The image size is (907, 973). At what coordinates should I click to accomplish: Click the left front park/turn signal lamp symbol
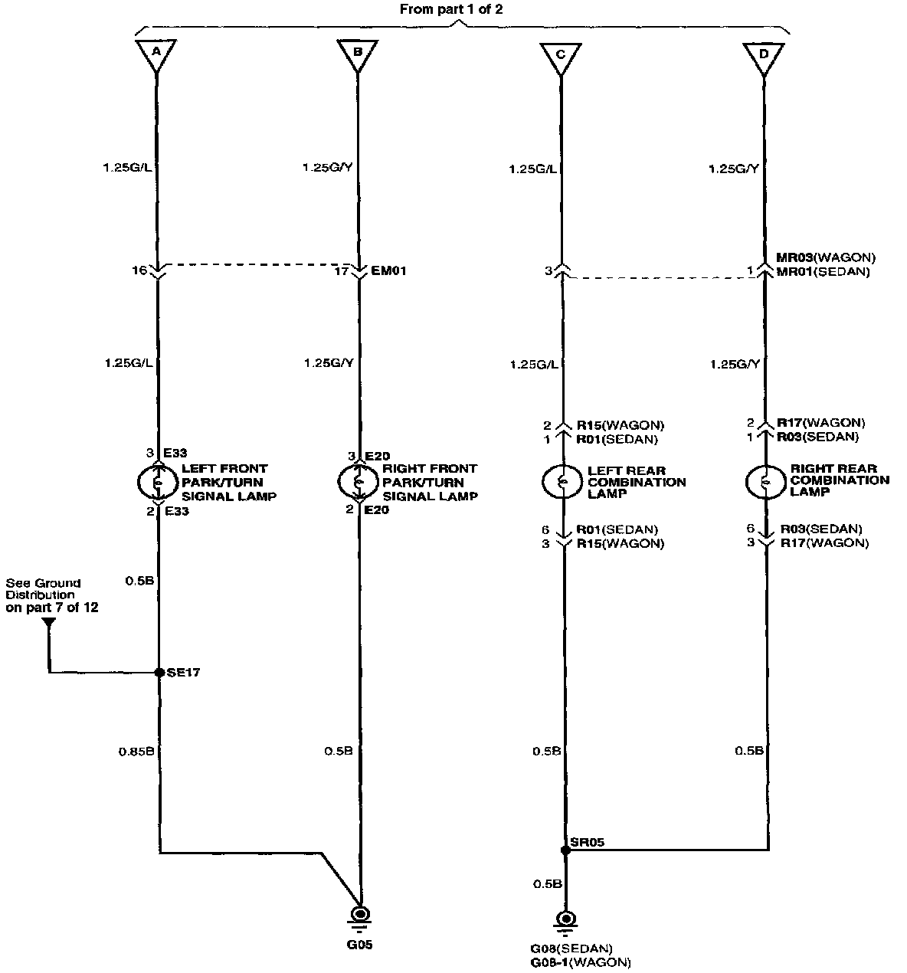pos(158,482)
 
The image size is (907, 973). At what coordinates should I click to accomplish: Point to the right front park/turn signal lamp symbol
pos(358,480)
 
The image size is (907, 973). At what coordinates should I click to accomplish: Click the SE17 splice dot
pos(159,673)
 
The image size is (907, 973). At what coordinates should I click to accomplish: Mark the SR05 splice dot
pos(565,850)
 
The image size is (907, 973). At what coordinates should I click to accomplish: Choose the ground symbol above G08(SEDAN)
pos(566,921)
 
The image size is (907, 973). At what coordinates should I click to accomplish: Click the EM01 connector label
pos(389,270)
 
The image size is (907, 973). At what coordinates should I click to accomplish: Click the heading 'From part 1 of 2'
pos(451,10)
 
